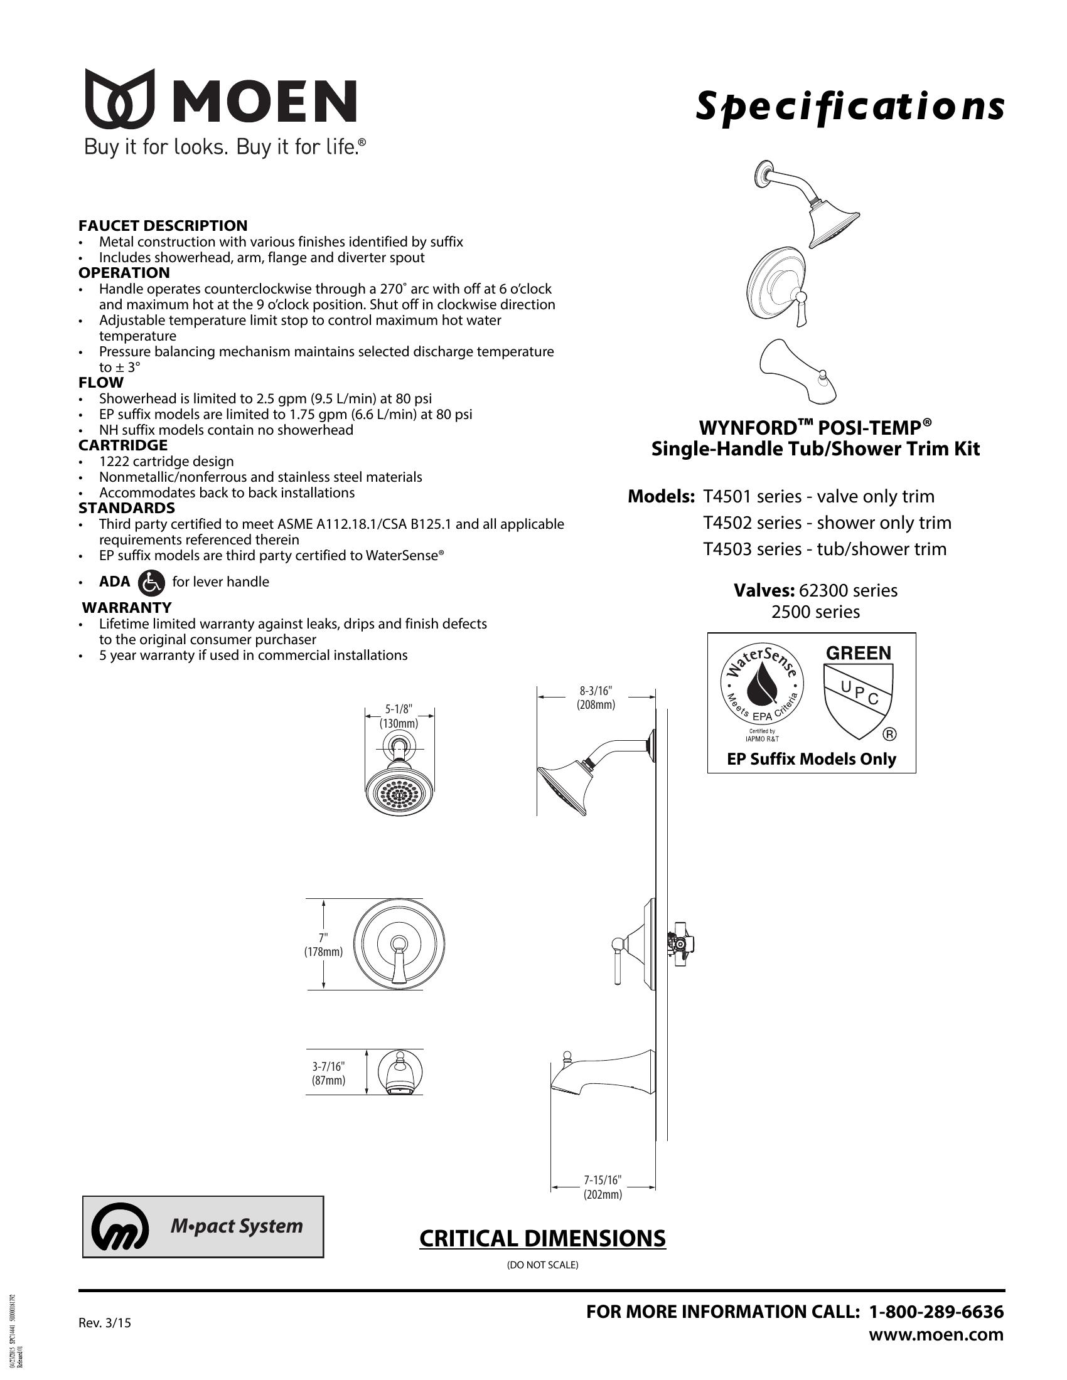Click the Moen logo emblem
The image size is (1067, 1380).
pos(120,98)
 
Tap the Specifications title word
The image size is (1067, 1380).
pos(850,106)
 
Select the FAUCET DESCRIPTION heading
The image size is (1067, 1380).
pos(163,226)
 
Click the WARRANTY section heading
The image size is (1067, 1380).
pos(127,607)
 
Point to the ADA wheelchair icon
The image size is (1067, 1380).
pos(151,582)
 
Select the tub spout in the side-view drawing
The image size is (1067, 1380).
pos(601,1070)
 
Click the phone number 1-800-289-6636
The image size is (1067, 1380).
pos(936,1312)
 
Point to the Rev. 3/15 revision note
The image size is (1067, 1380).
pos(105,1322)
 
